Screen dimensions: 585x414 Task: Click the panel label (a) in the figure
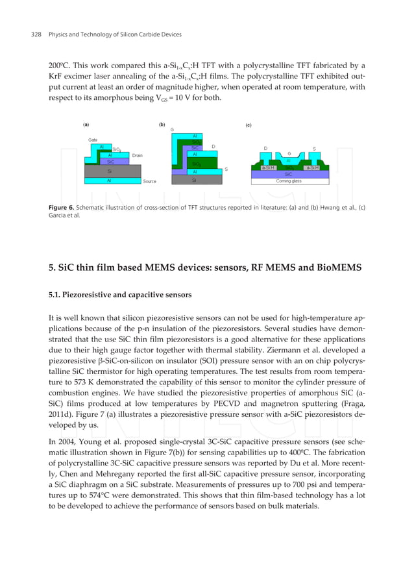86,124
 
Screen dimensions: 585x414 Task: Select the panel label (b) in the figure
162,124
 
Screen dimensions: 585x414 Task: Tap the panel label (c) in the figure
249,125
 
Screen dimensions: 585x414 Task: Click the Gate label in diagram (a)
93,140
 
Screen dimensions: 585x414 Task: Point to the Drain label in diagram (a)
138,156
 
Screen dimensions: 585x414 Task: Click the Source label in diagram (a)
149,182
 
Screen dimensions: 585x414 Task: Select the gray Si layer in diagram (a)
110,171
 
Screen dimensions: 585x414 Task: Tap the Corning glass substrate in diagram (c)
289,181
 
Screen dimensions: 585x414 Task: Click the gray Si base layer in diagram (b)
194,181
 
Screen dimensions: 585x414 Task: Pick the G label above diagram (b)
172,130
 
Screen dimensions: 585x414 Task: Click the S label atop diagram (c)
314,149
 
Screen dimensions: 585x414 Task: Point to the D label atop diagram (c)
265,149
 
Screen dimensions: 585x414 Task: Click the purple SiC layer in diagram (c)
289,174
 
